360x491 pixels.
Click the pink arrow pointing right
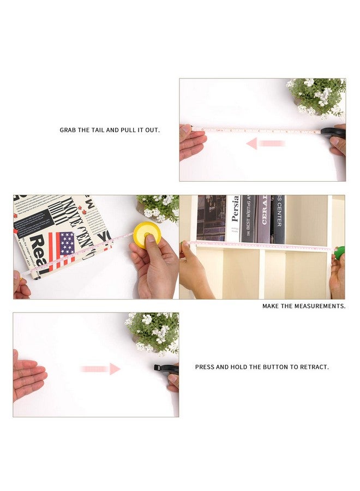coord(100,369)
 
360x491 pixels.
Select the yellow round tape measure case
coord(147,235)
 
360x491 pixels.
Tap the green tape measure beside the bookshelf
coord(339,253)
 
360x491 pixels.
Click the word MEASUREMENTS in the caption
coord(320,306)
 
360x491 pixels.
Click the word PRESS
coord(205,367)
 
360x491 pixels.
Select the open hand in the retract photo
coord(28,374)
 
